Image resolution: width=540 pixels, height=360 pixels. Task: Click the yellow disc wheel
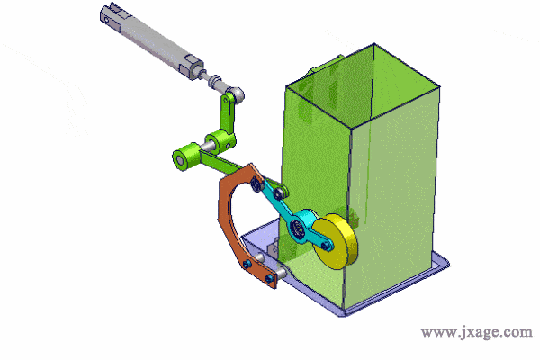click(x=335, y=241)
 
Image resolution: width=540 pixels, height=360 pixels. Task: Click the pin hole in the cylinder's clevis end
click(x=106, y=20)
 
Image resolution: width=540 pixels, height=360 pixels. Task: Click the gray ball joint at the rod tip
click(x=237, y=94)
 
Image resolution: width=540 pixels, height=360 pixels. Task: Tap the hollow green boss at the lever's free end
click(x=182, y=157)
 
